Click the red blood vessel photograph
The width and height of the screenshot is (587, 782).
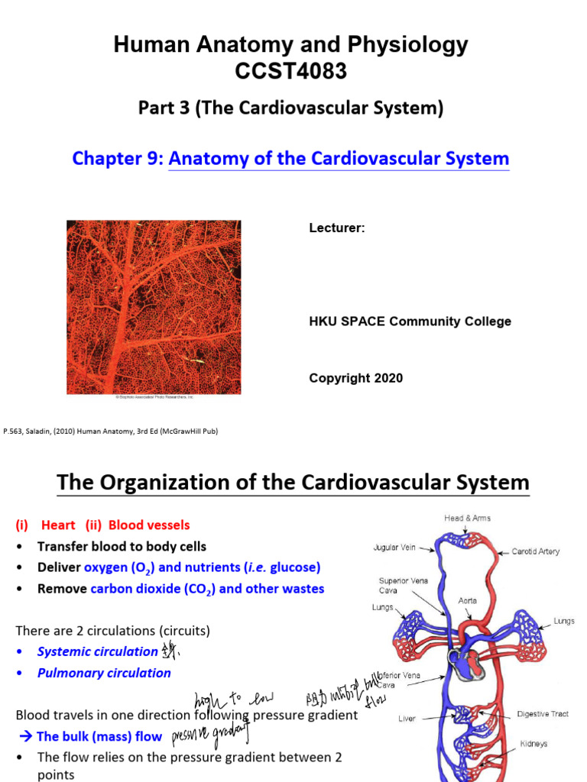click(x=154, y=307)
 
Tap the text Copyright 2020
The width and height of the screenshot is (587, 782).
click(x=355, y=378)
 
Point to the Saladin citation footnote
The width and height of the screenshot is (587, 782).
click(x=112, y=431)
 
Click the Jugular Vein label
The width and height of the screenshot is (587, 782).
click(x=394, y=548)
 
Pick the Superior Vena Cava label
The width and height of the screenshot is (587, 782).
click(x=396, y=585)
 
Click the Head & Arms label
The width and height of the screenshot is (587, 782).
click(x=467, y=518)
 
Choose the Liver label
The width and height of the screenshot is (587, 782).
click(x=407, y=719)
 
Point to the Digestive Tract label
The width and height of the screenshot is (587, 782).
click(x=543, y=714)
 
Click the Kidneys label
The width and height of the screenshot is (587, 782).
click(x=533, y=743)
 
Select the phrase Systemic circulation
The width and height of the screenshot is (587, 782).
click(x=97, y=651)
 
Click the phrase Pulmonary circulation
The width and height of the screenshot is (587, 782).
click(x=104, y=673)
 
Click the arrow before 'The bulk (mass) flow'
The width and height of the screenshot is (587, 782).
click(x=24, y=736)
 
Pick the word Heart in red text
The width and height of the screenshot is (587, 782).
click(x=58, y=525)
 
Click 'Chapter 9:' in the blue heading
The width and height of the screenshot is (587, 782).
click(x=118, y=158)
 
